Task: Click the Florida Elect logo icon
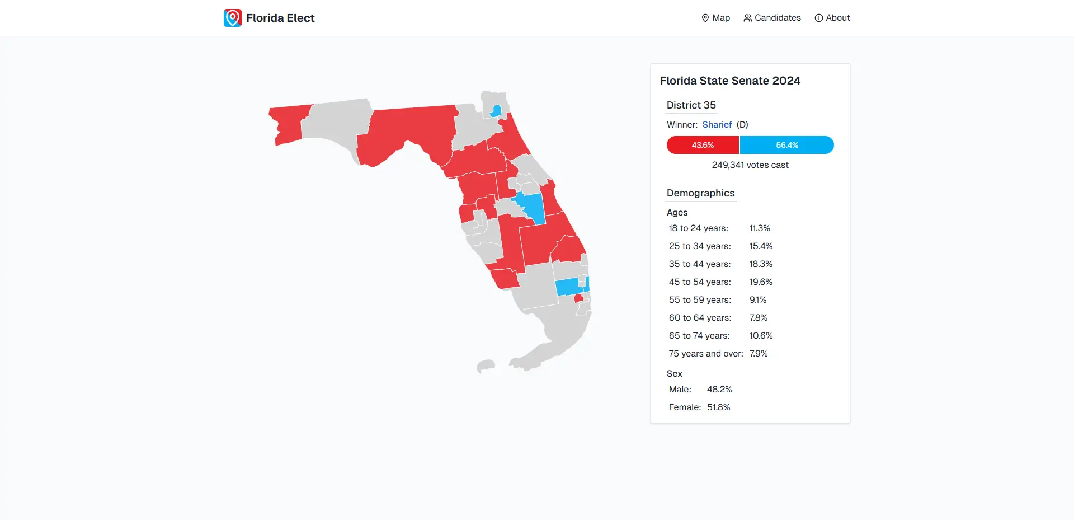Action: point(233,18)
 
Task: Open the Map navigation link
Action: point(715,18)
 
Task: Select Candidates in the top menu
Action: point(772,18)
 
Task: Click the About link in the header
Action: point(832,18)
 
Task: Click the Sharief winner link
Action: point(717,125)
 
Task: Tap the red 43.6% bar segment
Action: point(703,145)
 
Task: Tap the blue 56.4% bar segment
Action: point(786,145)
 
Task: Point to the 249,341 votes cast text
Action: point(750,165)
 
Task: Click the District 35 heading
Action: point(691,105)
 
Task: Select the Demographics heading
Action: point(700,193)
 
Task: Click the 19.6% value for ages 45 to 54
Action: point(761,282)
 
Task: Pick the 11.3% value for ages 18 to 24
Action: point(760,228)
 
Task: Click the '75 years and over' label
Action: point(705,354)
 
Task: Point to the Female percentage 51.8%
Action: point(718,407)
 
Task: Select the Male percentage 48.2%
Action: point(719,390)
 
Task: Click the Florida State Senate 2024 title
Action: point(730,81)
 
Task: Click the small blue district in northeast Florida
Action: point(496,111)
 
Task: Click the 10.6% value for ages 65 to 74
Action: point(761,336)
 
